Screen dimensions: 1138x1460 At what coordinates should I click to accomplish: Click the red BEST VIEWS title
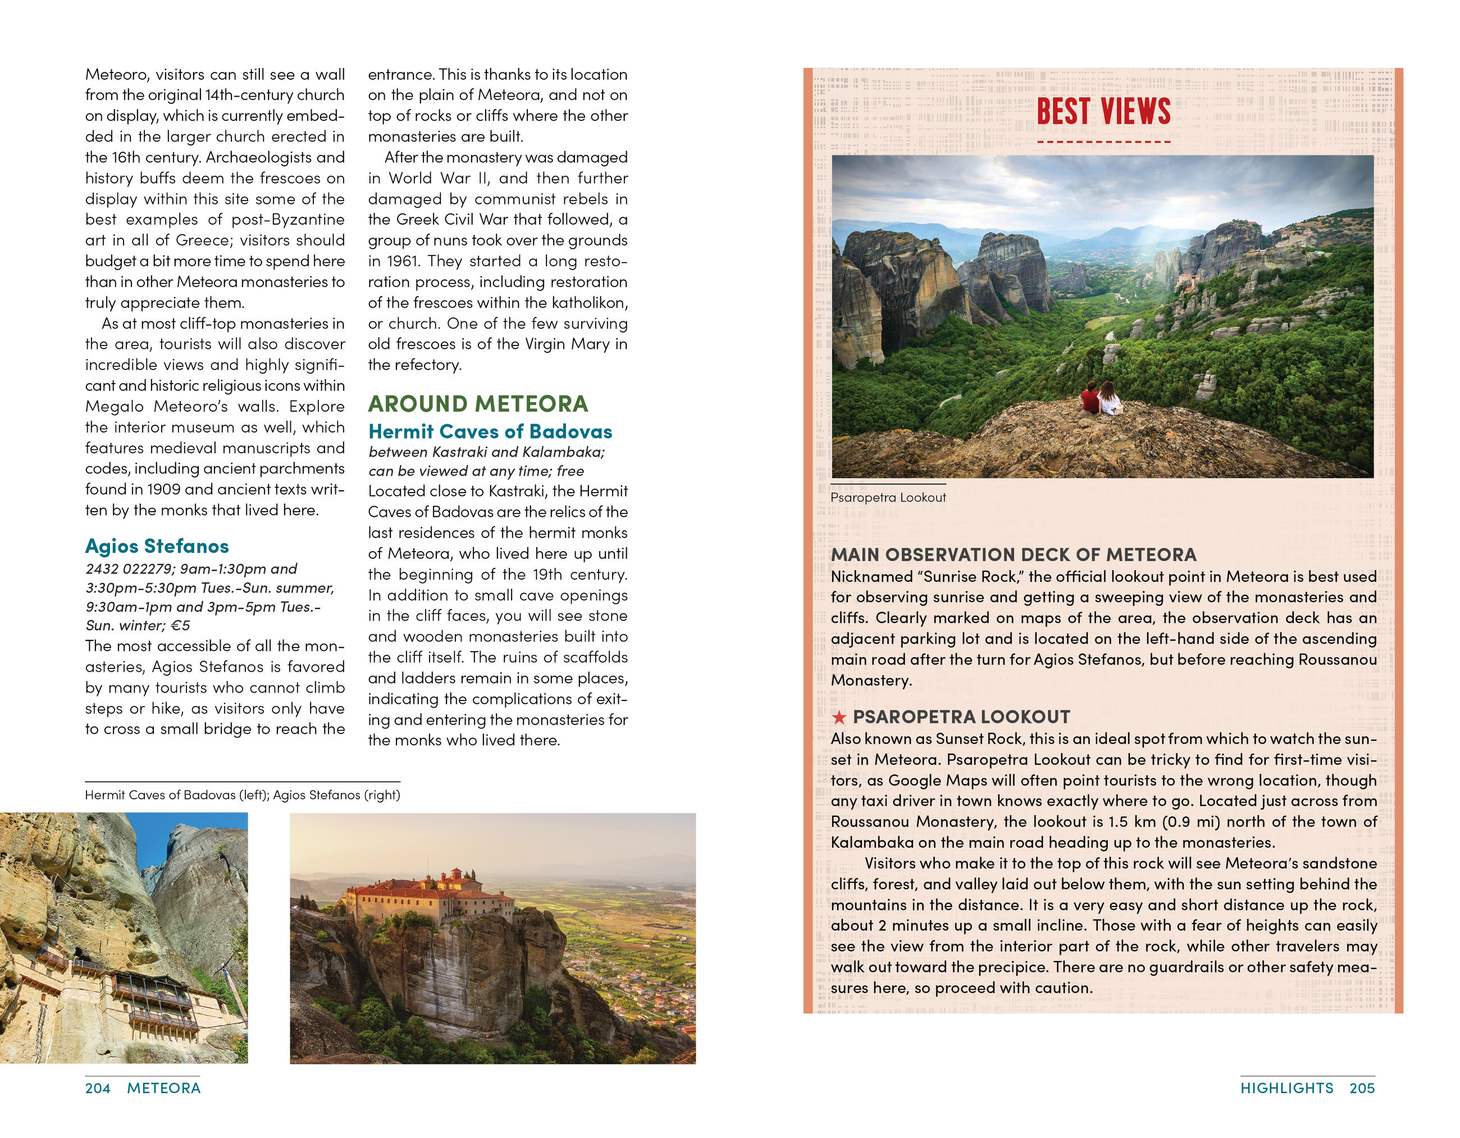(x=1103, y=111)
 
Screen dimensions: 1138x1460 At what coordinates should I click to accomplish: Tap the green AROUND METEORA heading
(x=478, y=404)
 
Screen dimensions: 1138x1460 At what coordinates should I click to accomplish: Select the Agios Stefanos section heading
(x=157, y=547)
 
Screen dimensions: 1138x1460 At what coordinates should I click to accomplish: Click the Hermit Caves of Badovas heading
(x=490, y=432)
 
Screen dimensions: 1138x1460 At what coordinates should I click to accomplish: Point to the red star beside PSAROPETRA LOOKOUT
(x=838, y=717)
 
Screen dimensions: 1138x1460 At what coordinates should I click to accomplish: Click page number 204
(x=98, y=1089)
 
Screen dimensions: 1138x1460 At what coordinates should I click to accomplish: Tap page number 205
(x=1362, y=1089)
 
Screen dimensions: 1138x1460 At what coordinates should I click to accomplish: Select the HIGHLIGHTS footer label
(x=1286, y=1089)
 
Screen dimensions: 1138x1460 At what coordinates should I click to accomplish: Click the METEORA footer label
(x=164, y=1089)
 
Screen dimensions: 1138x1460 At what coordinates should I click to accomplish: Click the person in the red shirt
(x=1091, y=399)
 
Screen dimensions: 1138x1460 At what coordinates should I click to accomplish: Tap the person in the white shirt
(x=1108, y=400)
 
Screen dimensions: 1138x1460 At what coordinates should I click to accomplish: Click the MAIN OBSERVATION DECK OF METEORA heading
(x=1014, y=555)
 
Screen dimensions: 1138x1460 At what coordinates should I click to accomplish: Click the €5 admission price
(x=180, y=626)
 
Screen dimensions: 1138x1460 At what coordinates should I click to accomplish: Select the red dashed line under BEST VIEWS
(x=1103, y=142)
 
